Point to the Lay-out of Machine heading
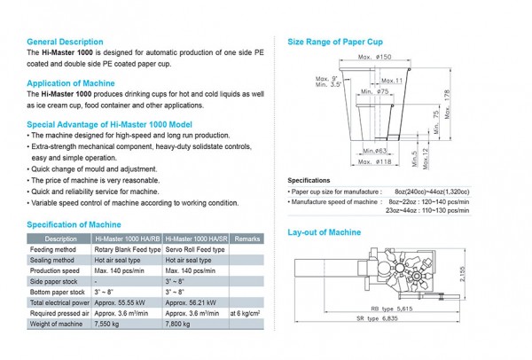coord(325,232)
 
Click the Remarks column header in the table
coord(248,239)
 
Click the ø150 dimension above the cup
coord(384,58)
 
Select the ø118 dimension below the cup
coord(384,162)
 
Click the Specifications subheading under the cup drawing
coord(309,180)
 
